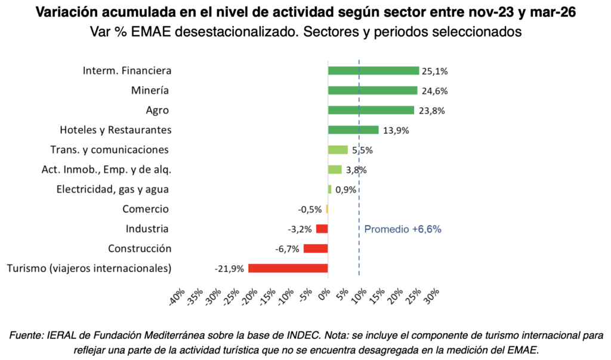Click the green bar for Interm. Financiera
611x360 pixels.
click(x=374, y=70)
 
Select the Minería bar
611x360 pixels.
click(x=372, y=91)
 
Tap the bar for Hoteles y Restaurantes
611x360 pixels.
click(x=353, y=130)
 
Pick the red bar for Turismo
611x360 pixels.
click(x=288, y=268)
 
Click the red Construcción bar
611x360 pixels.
click(x=316, y=248)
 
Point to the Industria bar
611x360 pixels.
click(x=322, y=229)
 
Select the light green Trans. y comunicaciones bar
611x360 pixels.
click(x=338, y=150)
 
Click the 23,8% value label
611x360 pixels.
click(x=432, y=111)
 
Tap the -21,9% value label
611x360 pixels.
click(x=229, y=269)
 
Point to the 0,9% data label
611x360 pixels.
click(x=345, y=190)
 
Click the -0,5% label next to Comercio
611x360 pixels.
click(x=310, y=210)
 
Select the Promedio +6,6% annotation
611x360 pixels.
click(x=403, y=229)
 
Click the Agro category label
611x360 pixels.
click(x=157, y=111)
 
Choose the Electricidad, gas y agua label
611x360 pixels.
click(x=113, y=190)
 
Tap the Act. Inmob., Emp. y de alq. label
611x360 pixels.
click(x=106, y=170)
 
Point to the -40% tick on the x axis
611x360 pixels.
click(x=177, y=297)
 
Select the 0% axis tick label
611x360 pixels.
click(x=324, y=294)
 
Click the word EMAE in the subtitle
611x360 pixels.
click(x=151, y=32)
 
